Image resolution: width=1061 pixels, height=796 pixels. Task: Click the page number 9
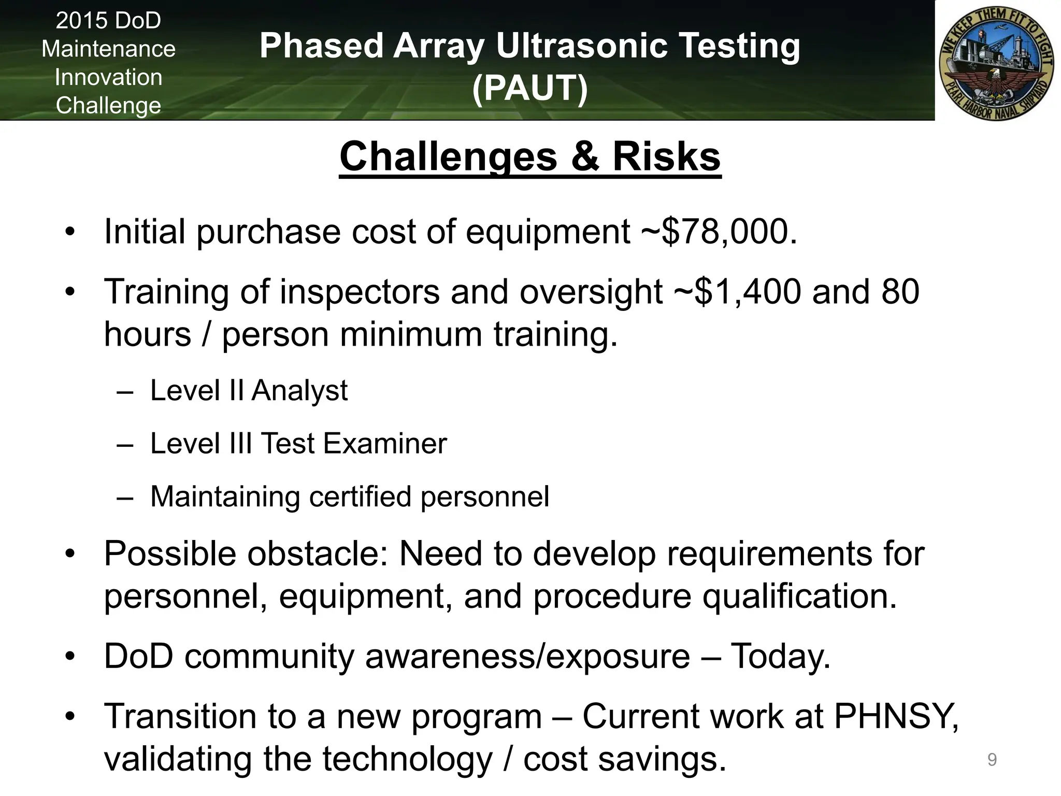[x=992, y=760]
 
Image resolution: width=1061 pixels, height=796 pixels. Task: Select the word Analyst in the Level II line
[x=300, y=390]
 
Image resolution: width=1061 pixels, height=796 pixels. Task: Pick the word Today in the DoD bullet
[x=779, y=657]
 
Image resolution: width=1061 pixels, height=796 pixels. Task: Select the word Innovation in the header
[x=108, y=77]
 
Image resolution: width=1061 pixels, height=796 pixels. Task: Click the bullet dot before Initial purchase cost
[x=70, y=232]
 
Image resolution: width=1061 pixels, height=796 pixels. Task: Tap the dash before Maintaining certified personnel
[x=125, y=497]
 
